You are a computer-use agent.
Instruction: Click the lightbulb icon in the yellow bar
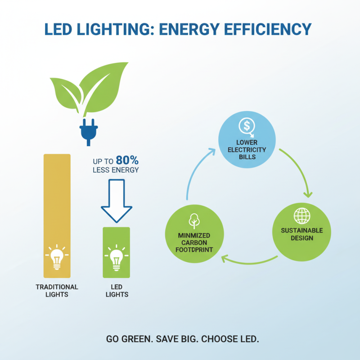pos(57,257)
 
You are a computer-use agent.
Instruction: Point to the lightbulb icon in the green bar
pos(117,258)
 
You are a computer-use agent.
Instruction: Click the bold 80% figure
pos(127,161)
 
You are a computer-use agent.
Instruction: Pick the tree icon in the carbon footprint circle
pos(194,220)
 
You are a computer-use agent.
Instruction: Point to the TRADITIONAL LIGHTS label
pos(57,291)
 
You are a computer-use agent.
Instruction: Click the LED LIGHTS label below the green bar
pos(117,291)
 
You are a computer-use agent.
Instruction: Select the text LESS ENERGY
pos(116,171)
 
